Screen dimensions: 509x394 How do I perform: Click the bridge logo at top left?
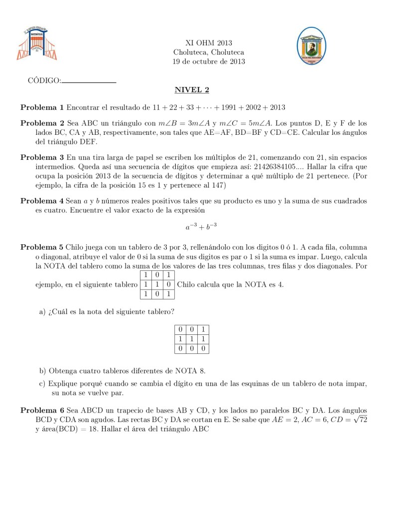pyautogui.click(x=37, y=43)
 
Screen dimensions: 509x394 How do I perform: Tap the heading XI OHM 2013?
pyautogui.click(x=209, y=43)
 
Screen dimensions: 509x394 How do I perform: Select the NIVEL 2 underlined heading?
pyautogui.click(x=192, y=90)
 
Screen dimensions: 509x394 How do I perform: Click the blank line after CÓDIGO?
pyautogui.click(x=89, y=82)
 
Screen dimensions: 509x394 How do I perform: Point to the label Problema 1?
pyautogui.click(x=42, y=107)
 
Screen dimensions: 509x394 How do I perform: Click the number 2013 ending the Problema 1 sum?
pyautogui.click(x=277, y=107)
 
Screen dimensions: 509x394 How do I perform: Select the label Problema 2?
pyautogui.click(x=42, y=123)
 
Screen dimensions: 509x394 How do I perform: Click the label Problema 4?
pyautogui.click(x=42, y=201)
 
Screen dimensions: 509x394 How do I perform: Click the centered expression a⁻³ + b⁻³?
pyautogui.click(x=201, y=227)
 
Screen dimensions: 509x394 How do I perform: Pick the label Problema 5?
pyautogui.click(x=42, y=247)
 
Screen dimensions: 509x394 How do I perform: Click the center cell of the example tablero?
pyautogui.click(x=157, y=285)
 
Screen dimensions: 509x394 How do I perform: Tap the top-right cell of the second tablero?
pyautogui.click(x=203, y=329)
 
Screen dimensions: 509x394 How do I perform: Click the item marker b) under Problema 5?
pyautogui.click(x=42, y=371)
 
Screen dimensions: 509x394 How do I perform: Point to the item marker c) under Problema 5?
pyautogui.click(x=42, y=384)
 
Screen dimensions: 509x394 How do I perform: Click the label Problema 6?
pyautogui.click(x=42, y=410)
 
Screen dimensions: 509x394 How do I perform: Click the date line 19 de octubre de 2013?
pyautogui.click(x=209, y=62)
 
